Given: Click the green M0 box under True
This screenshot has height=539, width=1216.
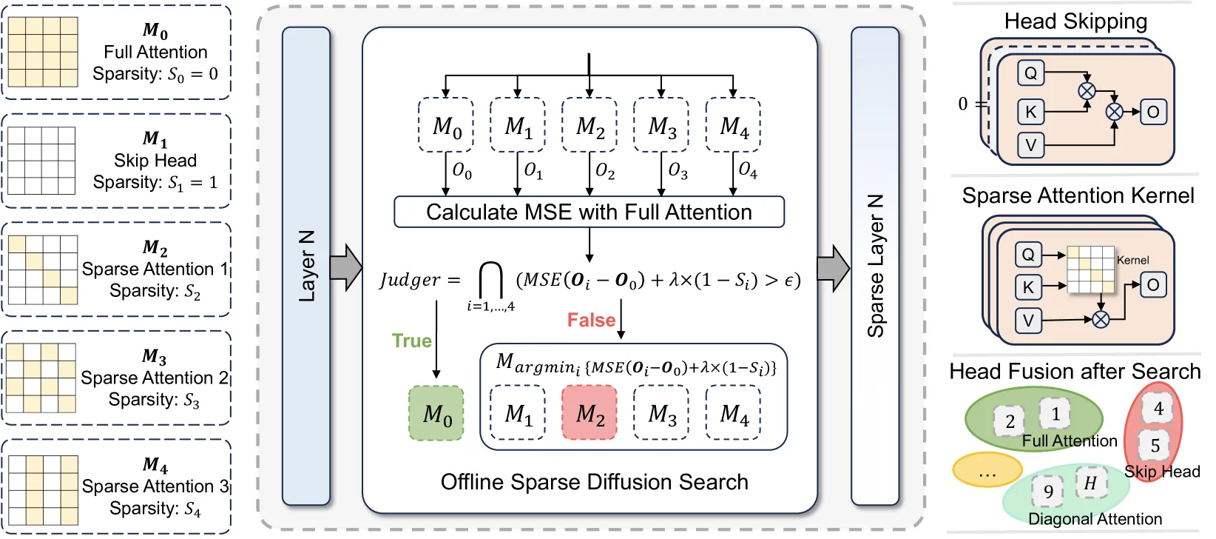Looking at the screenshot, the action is [436, 413].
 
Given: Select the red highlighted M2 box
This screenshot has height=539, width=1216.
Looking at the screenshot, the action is [589, 412].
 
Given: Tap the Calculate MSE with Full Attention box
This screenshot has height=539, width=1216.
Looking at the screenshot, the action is [589, 212].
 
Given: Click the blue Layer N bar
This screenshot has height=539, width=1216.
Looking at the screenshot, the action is [306, 267].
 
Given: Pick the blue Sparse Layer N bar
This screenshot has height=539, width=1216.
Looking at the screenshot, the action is [875, 267].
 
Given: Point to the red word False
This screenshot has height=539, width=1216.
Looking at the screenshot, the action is [591, 320].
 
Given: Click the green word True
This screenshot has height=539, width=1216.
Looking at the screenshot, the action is [411, 341].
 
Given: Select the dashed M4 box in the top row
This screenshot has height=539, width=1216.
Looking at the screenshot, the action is [733, 125].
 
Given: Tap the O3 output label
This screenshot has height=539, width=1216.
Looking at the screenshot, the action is [678, 171].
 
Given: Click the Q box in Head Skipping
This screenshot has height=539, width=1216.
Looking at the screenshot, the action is [1030, 73].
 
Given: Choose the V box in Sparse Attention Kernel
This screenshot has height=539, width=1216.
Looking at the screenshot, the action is [1028, 321].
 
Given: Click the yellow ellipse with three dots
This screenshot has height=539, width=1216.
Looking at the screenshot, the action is [987, 469].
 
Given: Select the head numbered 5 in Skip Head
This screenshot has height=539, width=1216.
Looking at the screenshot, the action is [1155, 446].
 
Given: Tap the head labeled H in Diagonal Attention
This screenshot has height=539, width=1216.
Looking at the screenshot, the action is [1090, 483].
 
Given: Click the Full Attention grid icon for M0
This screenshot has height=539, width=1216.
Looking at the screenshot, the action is [43, 52].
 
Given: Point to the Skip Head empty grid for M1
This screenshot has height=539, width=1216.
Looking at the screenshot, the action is [42, 161].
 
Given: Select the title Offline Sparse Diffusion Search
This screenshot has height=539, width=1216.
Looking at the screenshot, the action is [595, 482].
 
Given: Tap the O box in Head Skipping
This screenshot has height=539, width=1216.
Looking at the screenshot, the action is [1153, 112].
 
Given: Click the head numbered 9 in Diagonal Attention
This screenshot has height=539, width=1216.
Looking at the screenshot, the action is [1048, 491].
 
